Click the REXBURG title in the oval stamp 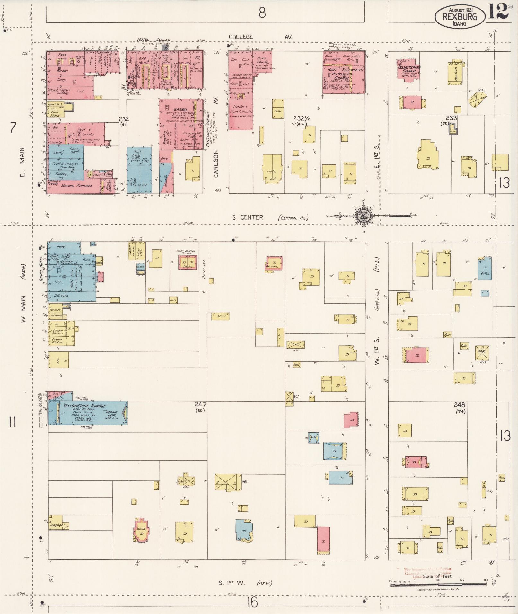tap(460, 17)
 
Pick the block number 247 tap(202, 404)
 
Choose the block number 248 tap(460, 405)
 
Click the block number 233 tap(451, 118)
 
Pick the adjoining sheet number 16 tap(252, 603)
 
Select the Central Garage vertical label tap(208, 129)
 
